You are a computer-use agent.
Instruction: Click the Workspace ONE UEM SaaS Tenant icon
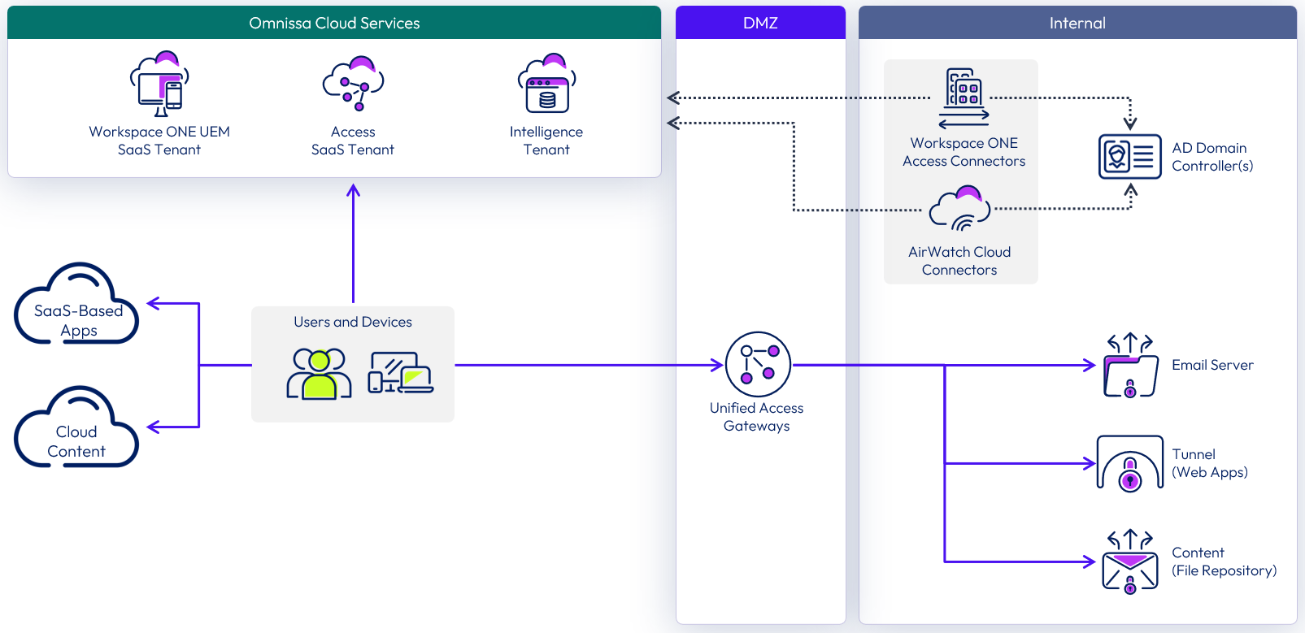coord(159,85)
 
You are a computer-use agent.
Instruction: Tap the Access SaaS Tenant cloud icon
coord(353,84)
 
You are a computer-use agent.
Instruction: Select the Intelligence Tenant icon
coord(546,85)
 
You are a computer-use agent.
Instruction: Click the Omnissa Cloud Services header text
coord(334,24)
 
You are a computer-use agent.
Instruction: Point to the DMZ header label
coord(760,24)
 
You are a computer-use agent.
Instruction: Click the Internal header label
coord(1077,24)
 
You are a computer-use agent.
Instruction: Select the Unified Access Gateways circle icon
coord(758,364)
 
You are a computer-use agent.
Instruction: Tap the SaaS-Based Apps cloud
coord(76,307)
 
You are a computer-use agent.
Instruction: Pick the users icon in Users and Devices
coord(319,374)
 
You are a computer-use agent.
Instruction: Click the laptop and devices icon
coord(401,373)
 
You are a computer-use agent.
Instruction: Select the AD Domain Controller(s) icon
coord(1129,156)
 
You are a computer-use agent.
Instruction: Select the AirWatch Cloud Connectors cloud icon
coord(960,210)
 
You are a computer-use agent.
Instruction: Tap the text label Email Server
coord(1211,366)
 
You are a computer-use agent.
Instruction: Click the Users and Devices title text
coord(353,323)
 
